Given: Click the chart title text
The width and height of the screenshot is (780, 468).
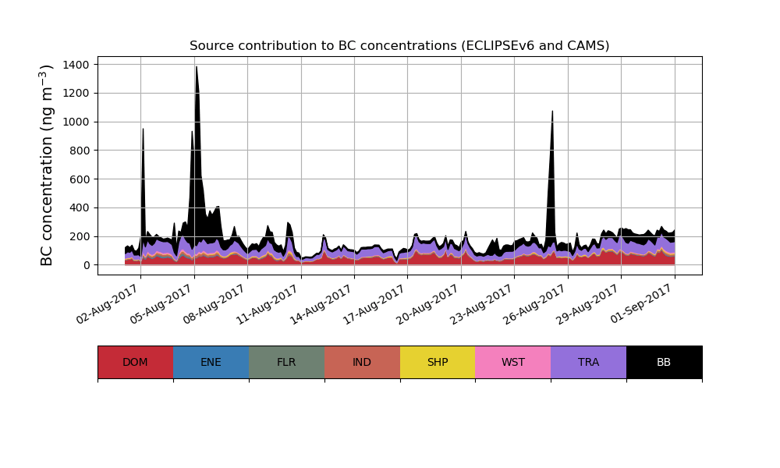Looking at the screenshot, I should (x=399, y=46).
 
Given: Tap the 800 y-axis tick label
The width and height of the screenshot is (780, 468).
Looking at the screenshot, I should (x=81, y=151).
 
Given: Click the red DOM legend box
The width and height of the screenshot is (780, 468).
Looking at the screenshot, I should (x=135, y=362).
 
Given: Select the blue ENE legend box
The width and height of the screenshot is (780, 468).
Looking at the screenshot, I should (x=211, y=362).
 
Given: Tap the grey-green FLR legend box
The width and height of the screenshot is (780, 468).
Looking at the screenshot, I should (x=286, y=362).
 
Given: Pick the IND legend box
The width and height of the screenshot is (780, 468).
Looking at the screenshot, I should (x=362, y=362).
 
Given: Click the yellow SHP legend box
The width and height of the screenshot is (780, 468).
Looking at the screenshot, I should (x=438, y=362).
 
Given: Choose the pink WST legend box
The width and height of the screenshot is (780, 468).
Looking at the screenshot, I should (x=513, y=362).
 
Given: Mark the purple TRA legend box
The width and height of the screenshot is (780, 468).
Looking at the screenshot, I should (x=589, y=362).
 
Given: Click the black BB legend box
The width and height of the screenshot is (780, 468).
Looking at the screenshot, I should (x=664, y=362).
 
